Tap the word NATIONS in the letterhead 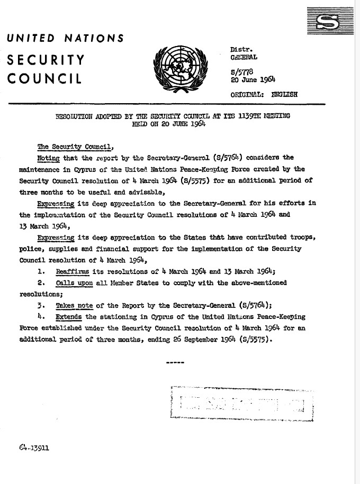pos(94,38)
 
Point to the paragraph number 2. pos(41,282)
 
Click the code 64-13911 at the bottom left pos(34,446)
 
